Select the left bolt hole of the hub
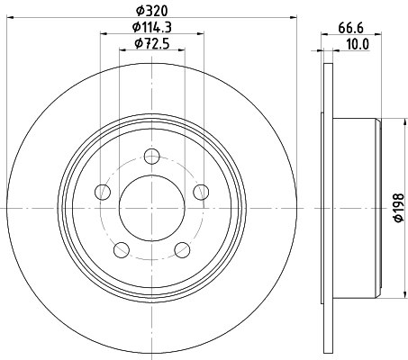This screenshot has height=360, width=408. (103, 191)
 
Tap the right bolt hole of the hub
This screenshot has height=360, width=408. (200, 190)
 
